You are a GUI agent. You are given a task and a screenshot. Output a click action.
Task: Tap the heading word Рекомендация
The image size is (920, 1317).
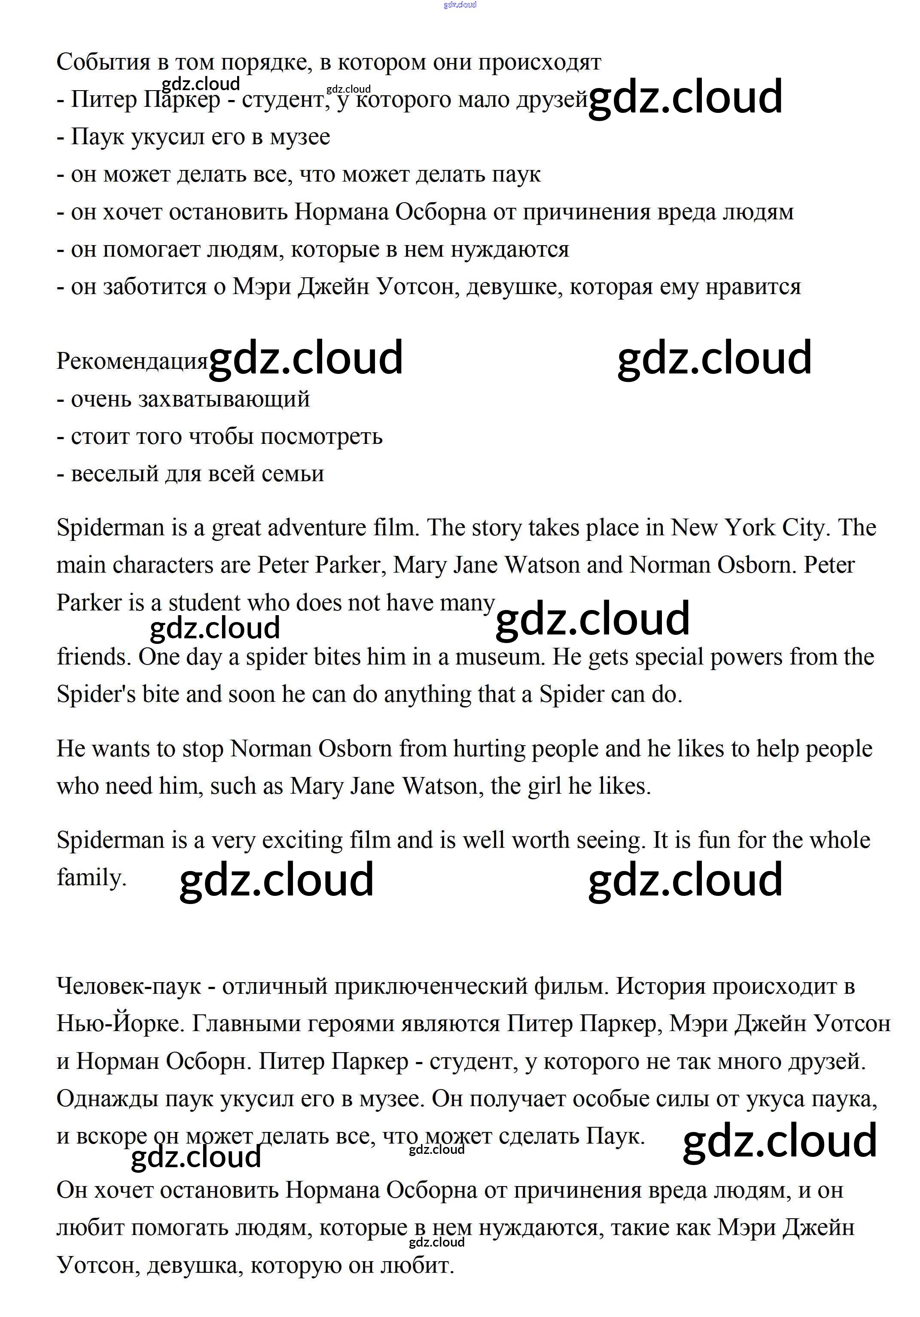pyautogui.click(x=131, y=361)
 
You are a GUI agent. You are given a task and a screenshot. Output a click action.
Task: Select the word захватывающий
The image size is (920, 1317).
pyautogui.click(x=224, y=399)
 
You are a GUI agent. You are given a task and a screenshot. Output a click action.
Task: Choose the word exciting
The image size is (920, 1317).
pyautogui.click(x=298, y=841)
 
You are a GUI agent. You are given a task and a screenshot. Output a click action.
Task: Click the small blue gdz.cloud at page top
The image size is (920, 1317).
pyautogui.click(x=460, y=5)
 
